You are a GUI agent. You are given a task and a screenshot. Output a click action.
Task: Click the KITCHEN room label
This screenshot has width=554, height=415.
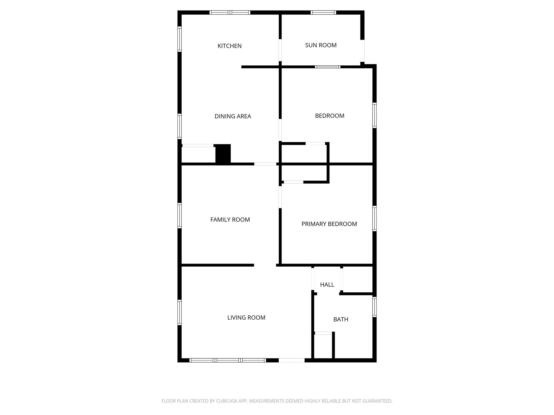tap(229, 46)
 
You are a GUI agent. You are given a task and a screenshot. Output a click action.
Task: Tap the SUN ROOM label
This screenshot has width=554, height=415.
tap(321, 45)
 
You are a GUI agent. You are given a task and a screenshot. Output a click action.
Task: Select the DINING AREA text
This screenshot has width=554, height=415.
tap(233, 116)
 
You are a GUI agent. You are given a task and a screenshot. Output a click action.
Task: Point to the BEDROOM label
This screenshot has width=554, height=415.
tap(329, 116)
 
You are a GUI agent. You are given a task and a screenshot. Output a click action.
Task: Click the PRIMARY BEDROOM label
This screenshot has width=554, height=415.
tap(329, 224)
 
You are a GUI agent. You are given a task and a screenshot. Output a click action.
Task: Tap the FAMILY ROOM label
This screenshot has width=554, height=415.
tap(230, 220)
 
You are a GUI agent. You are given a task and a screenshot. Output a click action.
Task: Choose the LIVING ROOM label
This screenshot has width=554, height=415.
tap(246, 318)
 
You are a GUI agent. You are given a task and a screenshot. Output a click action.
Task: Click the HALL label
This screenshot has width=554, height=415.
tap(327, 285)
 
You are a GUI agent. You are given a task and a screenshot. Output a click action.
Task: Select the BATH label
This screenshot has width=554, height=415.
tap(341, 319)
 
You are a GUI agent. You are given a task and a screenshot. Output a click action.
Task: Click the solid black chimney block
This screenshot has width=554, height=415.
tap(223, 154)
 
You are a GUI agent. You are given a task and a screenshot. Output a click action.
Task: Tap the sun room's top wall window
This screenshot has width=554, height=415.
tap(323, 12)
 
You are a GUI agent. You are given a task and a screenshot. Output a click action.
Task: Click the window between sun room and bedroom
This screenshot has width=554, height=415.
tap(328, 67)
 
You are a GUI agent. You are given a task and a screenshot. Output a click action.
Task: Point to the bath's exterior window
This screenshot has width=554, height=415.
tap(374, 307)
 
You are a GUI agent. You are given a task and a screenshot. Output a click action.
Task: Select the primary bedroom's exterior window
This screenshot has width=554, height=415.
tap(374, 218)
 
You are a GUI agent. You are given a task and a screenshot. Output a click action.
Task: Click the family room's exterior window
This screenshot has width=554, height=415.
tap(179, 216)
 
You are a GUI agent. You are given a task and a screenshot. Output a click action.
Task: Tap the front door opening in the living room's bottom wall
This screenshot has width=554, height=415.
tap(292, 360)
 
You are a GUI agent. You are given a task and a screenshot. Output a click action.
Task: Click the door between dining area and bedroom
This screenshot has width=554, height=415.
tap(280, 130)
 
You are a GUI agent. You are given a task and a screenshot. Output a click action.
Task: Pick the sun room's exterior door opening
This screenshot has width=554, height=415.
tap(362, 51)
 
